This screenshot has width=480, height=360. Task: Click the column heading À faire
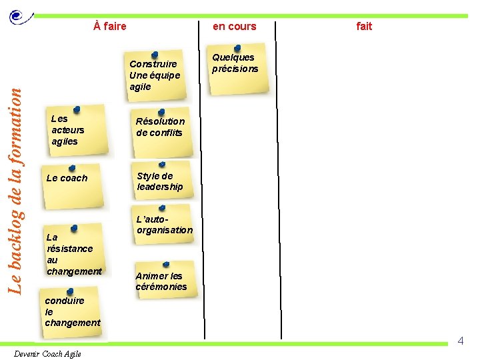click(110, 27)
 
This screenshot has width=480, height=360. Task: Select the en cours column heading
click(234, 27)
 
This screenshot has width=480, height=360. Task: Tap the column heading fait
click(364, 27)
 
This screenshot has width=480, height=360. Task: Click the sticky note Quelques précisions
click(238, 69)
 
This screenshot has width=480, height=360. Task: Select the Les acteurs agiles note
click(77, 131)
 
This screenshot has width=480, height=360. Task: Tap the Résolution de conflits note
click(161, 127)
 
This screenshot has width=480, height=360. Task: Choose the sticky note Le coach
click(72, 184)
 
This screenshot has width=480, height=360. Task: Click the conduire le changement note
click(72, 312)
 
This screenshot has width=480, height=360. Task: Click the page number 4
click(460, 341)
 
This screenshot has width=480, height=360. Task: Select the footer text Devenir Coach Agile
click(47, 354)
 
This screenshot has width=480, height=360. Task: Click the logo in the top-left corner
click(17, 16)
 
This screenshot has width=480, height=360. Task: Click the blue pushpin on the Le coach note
click(72, 168)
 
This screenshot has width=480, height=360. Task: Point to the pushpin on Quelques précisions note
click(238, 48)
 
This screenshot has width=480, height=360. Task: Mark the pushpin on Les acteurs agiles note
click(77, 108)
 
